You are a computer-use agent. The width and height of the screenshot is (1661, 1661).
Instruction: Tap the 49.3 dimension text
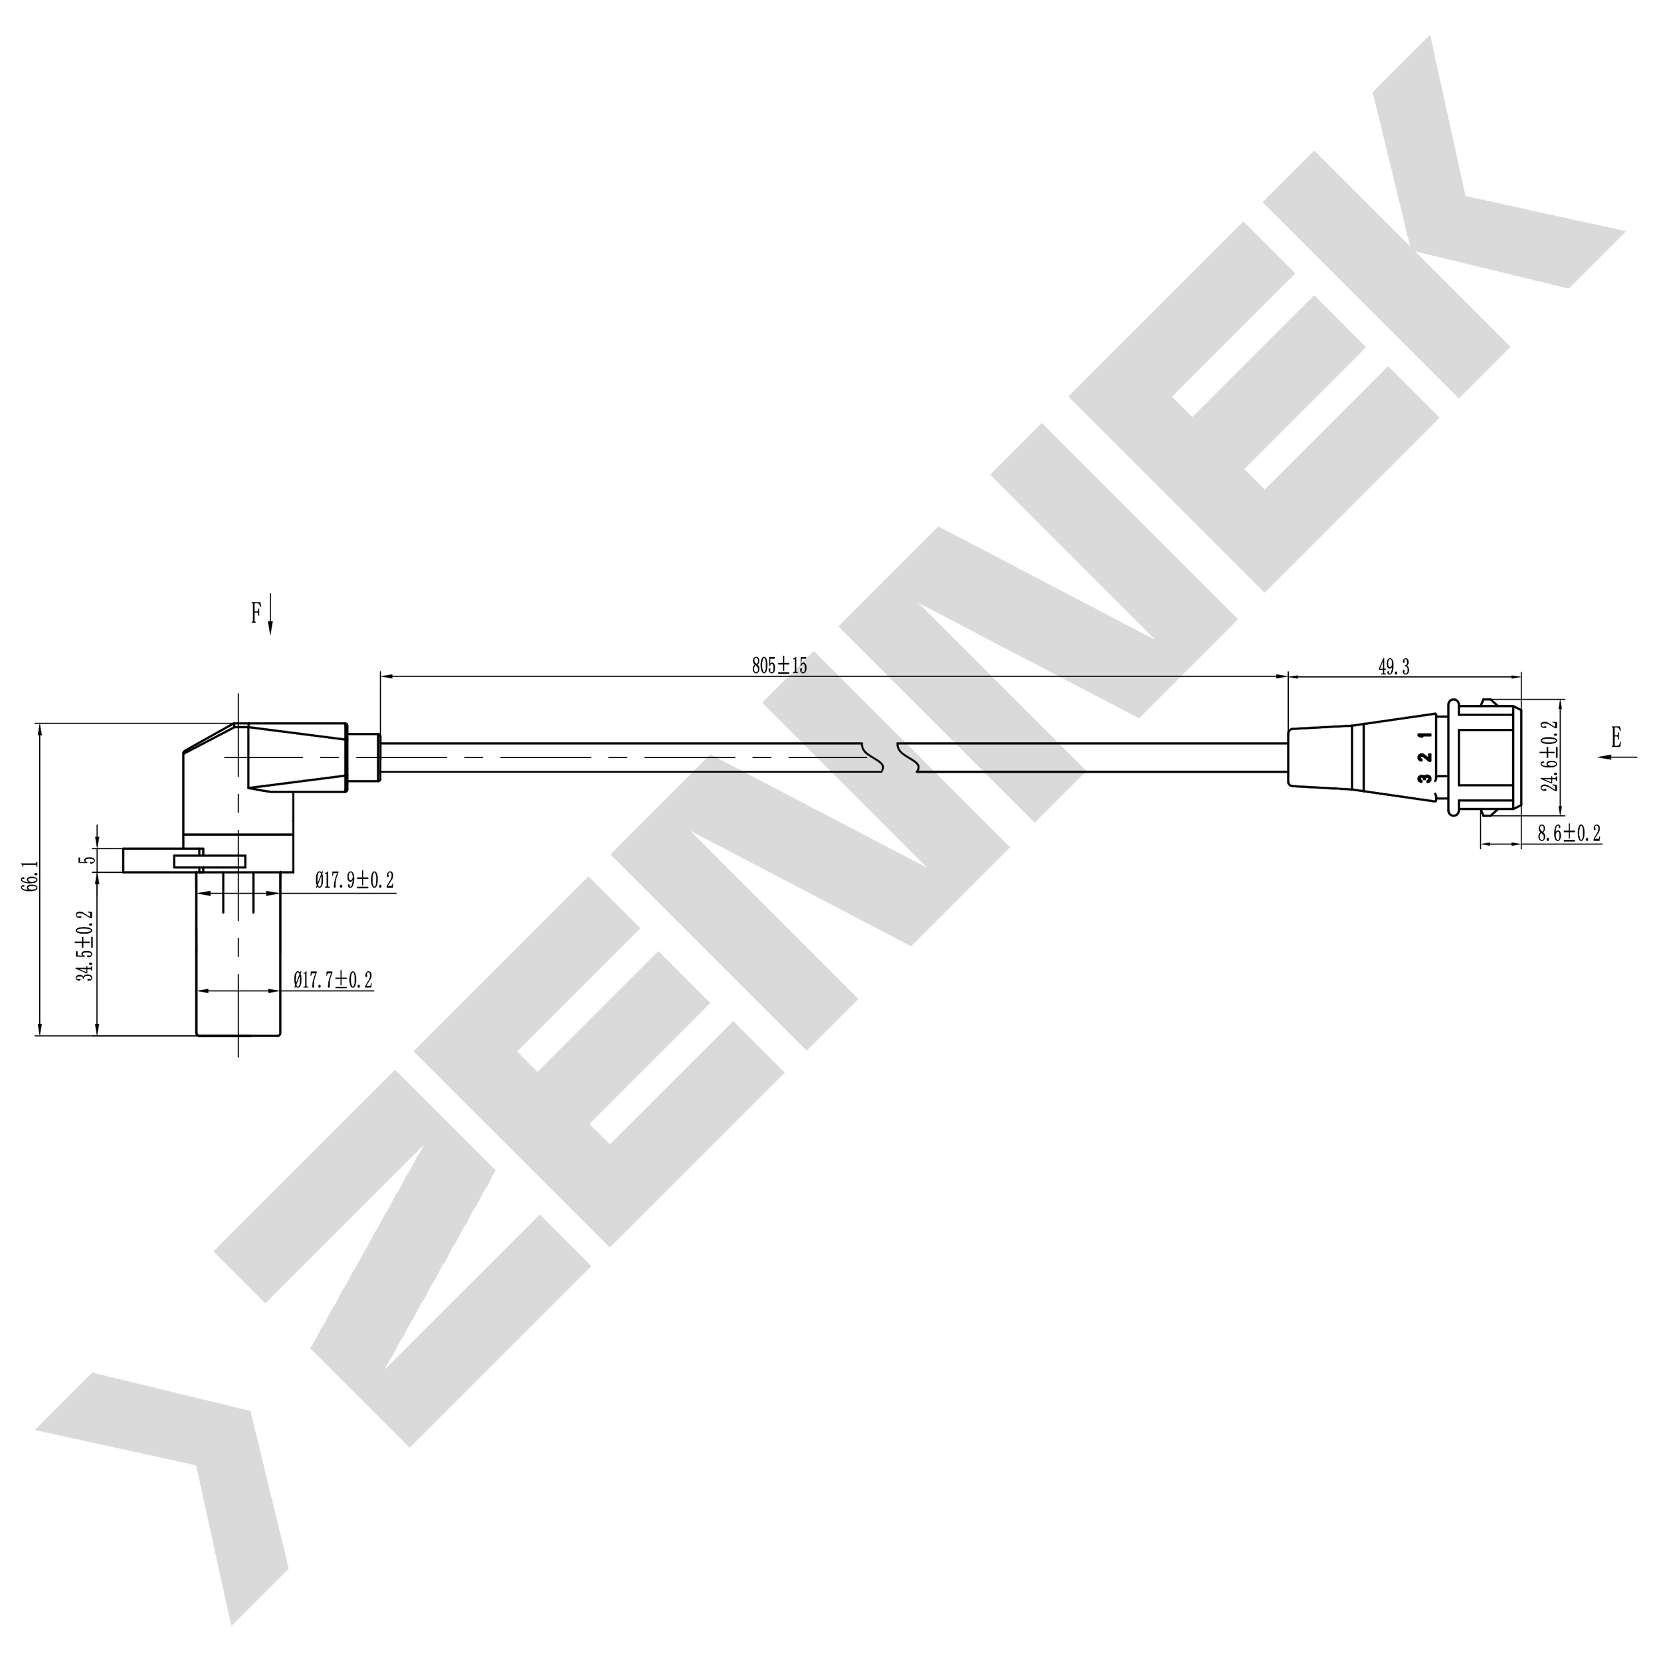(x=1394, y=667)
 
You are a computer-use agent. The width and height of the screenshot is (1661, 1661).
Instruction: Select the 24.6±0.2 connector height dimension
(x=1551, y=757)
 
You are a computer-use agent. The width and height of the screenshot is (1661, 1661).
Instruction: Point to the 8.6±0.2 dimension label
(x=1569, y=832)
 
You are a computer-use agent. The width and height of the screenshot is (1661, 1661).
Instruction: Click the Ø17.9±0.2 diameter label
(x=354, y=880)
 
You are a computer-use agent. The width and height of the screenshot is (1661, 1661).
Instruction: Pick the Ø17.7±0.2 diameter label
(x=333, y=979)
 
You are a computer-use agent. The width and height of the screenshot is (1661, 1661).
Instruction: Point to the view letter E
(x=1615, y=736)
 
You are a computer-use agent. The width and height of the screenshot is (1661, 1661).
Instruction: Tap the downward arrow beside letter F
(x=271, y=614)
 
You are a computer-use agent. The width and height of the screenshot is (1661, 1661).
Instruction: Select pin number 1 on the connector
(x=1424, y=735)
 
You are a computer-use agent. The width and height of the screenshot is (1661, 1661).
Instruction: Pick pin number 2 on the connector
(x=1424, y=757)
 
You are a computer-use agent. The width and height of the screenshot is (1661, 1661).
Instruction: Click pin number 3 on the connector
(x=1424, y=778)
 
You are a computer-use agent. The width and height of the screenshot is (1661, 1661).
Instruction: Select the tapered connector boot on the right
(x=1324, y=757)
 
